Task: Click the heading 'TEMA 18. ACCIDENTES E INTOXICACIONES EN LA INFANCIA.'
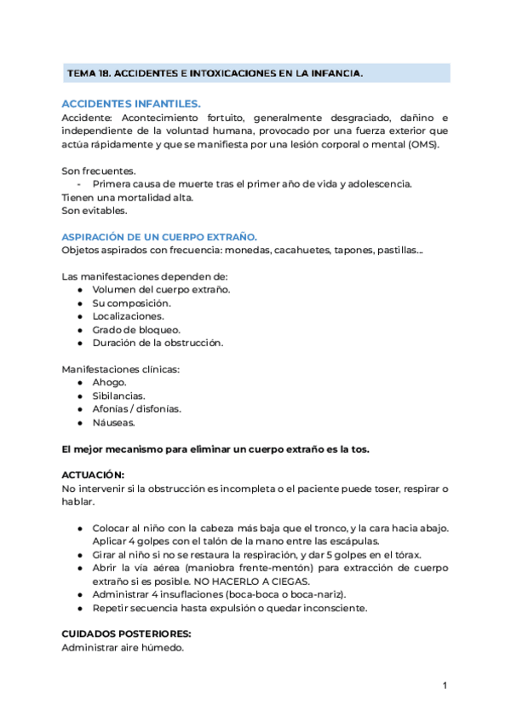[x=215, y=74]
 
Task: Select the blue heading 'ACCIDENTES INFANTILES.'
[x=131, y=103]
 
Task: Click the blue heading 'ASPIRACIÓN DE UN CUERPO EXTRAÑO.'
[x=159, y=236]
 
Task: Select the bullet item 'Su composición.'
[x=131, y=303]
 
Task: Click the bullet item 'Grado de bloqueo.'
[x=136, y=329]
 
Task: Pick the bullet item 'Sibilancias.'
[x=119, y=396]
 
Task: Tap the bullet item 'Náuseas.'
[x=114, y=422]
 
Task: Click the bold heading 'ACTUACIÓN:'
[x=94, y=475]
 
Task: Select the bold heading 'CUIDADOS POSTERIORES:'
[x=126, y=634]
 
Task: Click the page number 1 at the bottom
[x=445, y=685]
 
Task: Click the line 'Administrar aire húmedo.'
[x=123, y=648]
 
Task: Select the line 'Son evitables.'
[x=95, y=210]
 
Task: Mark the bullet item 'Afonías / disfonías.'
[x=137, y=408]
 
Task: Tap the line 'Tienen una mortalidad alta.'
[x=128, y=197]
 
